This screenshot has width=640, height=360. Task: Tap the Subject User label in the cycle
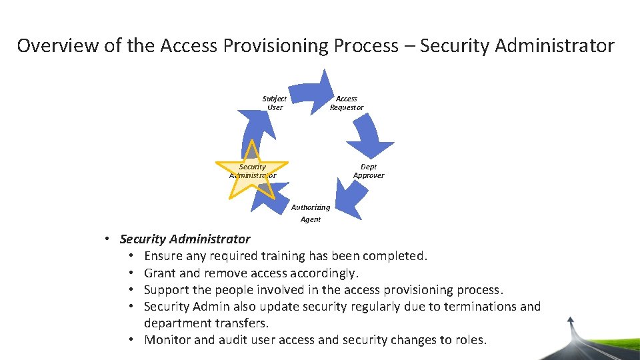(x=275, y=103)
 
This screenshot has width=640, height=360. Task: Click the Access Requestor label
(x=347, y=103)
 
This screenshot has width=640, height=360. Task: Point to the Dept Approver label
(x=369, y=171)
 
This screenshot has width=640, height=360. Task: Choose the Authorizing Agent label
(x=311, y=213)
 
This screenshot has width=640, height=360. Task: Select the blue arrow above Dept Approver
(x=370, y=137)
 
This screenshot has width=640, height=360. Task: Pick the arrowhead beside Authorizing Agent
(x=343, y=197)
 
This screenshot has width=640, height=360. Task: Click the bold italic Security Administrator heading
(x=185, y=239)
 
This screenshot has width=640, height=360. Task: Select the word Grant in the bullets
(x=159, y=273)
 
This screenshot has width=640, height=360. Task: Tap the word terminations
(x=481, y=307)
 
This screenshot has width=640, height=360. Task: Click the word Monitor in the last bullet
(x=167, y=340)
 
